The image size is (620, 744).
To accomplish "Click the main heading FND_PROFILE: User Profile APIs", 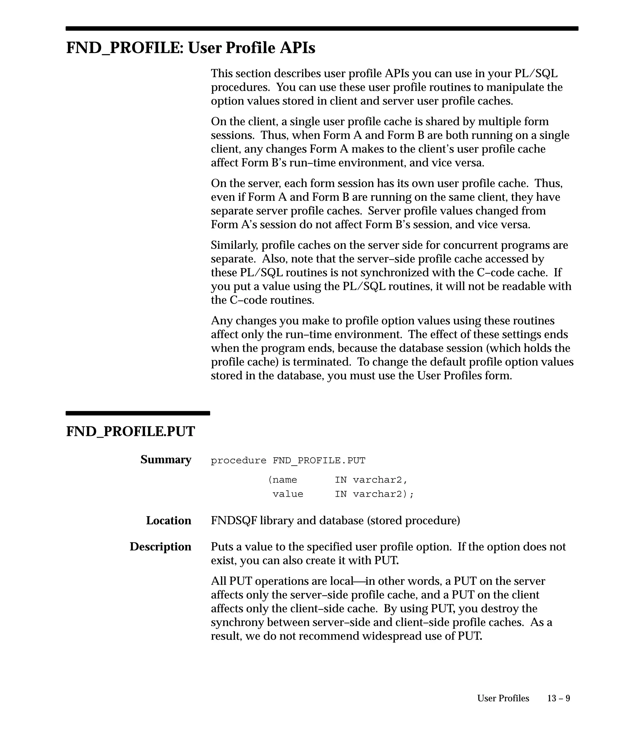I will pyautogui.click(x=191, y=48).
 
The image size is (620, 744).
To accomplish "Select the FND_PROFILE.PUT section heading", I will pyautogui.click(x=130, y=432).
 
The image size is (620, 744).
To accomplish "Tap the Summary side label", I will pyautogui.click(x=166, y=459).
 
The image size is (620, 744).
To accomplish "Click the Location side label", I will pyautogui.click(x=169, y=520).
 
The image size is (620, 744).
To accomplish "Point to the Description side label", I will pyautogui.click(x=160, y=547).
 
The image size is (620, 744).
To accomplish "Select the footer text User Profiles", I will pyautogui.click(x=503, y=698).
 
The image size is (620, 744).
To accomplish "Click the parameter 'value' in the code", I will pyautogui.click(x=288, y=494).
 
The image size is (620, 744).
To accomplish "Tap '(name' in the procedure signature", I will pyautogui.click(x=282, y=480).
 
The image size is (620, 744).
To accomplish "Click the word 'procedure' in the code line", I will pyautogui.click(x=239, y=461).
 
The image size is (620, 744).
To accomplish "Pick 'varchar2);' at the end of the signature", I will pyautogui.click(x=383, y=494).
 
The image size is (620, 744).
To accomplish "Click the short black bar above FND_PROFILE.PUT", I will pyautogui.click(x=138, y=413).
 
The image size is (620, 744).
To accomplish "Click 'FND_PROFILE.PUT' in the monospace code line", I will pyautogui.click(x=319, y=461).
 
